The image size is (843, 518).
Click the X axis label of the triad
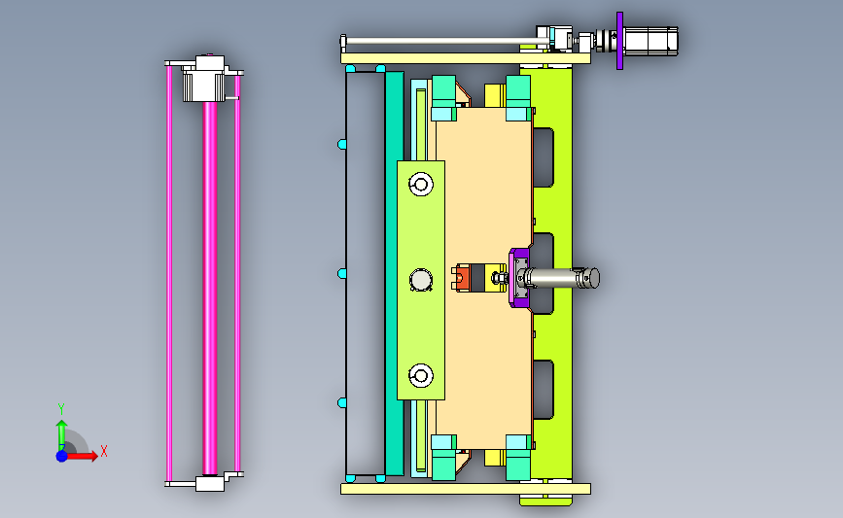104,451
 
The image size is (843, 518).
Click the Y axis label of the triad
61,409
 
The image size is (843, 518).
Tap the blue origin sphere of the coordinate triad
62,456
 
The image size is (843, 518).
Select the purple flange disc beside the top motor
620,41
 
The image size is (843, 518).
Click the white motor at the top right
651,42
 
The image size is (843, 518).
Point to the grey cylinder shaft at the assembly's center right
563,278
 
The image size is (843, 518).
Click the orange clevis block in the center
463,278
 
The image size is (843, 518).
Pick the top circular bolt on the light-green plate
421,185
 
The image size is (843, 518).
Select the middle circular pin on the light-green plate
421,280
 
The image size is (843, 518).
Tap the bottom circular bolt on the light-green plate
421,375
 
